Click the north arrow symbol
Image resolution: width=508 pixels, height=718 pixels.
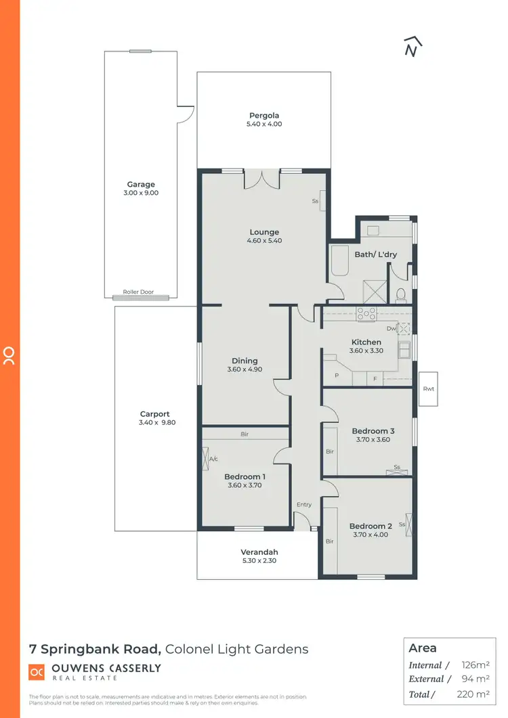click(x=410, y=46)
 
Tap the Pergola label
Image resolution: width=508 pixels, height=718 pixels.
click(x=264, y=115)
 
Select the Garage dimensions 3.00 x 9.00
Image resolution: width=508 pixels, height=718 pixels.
click(x=141, y=193)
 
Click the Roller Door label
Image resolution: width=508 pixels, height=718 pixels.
click(x=137, y=292)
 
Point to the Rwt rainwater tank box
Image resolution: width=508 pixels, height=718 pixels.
click(x=428, y=389)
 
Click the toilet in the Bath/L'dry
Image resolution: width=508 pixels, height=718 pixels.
click(x=400, y=294)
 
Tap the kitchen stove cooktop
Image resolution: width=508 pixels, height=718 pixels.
click(x=366, y=313)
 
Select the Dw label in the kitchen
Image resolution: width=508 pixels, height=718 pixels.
click(x=391, y=328)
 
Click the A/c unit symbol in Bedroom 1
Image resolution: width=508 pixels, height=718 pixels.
click(x=206, y=459)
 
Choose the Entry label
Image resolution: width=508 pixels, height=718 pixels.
click(x=304, y=505)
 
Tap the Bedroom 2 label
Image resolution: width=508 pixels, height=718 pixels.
click(x=371, y=526)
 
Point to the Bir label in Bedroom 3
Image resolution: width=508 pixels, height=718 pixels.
click(x=330, y=451)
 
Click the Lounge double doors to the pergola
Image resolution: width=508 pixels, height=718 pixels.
click(x=261, y=179)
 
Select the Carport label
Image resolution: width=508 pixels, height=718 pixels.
click(x=154, y=414)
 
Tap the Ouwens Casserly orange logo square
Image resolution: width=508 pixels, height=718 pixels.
click(x=37, y=672)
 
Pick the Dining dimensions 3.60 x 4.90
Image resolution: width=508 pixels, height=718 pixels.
click(x=245, y=369)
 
